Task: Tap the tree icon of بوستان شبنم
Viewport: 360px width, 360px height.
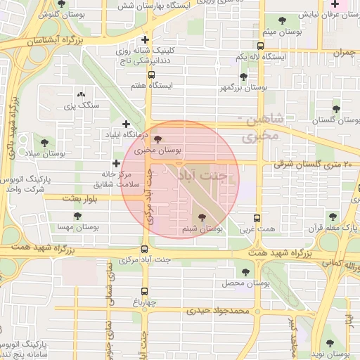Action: click(x=202, y=218)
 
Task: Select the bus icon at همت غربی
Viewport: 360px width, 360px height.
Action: click(x=256, y=219)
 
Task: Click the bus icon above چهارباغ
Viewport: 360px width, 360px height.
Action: click(x=145, y=290)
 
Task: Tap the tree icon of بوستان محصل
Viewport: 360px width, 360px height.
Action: click(x=245, y=271)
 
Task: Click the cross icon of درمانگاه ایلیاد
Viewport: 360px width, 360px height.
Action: click(x=127, y=124)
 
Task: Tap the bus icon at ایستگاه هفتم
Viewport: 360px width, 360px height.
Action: click(x=150, y=75)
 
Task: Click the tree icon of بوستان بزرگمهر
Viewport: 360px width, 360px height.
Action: click(x=243, y=77)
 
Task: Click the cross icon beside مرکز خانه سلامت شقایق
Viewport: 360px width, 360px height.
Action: click(x=116, y=163)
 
